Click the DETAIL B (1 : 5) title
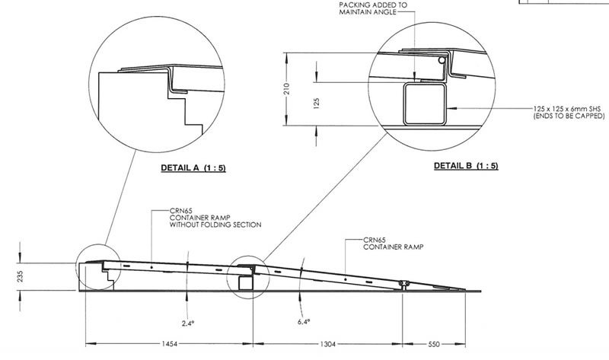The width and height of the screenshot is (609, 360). pyautogui.click(x=466, y=166)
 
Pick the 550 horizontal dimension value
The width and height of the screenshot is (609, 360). pyautogui.click(x=435, y=344)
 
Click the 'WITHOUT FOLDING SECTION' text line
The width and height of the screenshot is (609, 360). pyautogui.click(x=215, y=225)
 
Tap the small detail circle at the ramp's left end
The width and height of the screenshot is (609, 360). pyautogui.click(x=100, y=266)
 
